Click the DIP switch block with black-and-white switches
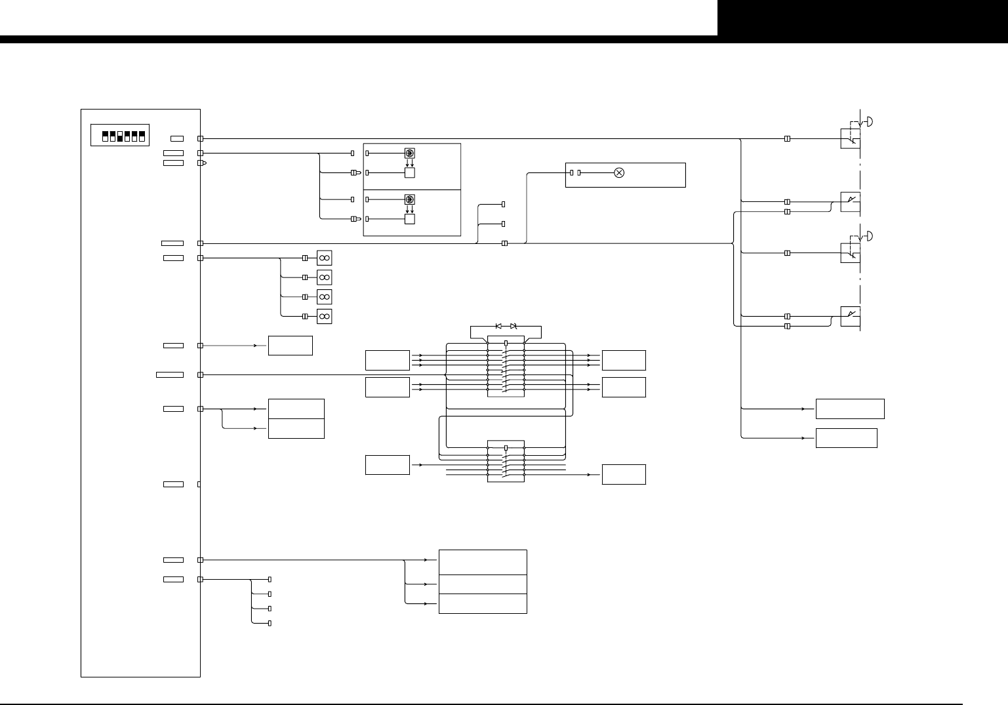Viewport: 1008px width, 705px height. (x=119, y=136)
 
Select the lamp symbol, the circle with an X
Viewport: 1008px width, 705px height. (x=618, y=172)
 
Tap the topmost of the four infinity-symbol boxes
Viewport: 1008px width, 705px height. (x=324, y=258)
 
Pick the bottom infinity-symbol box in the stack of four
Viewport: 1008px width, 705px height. (x=324, y=316)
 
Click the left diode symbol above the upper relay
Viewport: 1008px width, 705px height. (x=498, y=326)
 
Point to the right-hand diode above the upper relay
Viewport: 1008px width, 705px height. (x=514, y=326)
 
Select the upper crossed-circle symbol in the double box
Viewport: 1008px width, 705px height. (x=409, y=153)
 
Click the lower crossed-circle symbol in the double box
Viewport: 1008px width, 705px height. (x=409, y=199)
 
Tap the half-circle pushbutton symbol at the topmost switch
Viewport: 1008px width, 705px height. (x=870, y=121)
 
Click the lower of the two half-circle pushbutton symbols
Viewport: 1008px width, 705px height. (x=870, y=235)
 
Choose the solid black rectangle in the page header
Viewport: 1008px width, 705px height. (x=862, y=18)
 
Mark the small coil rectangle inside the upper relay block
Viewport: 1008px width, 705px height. (x=506, y=343)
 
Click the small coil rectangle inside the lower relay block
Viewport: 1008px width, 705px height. (x=506, y=449)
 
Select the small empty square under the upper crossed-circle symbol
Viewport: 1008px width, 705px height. (x=409, y=173)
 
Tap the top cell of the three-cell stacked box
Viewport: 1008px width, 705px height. (x=482, y=562)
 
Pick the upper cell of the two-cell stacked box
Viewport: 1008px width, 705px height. (x=296, y=409)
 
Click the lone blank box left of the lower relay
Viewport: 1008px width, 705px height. (x=387, y=464)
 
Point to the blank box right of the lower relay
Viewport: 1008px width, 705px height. (x=623, y=474)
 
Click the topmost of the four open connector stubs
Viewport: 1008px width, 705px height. (x=270, y=580)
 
